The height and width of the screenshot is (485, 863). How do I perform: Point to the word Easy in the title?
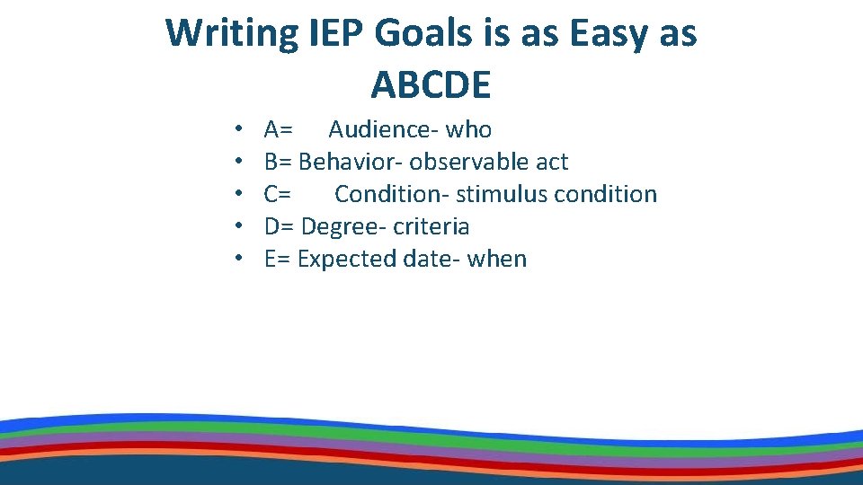tap(598, 34)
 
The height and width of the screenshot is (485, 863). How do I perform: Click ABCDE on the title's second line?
tap(431, 85)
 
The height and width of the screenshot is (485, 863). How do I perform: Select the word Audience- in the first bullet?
tap(384, 130)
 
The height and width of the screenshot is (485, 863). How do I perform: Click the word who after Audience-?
tap(468, 130)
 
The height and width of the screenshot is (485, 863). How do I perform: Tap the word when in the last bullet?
tap(497, 260)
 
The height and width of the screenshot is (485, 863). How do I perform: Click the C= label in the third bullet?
tap(277, 195)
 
